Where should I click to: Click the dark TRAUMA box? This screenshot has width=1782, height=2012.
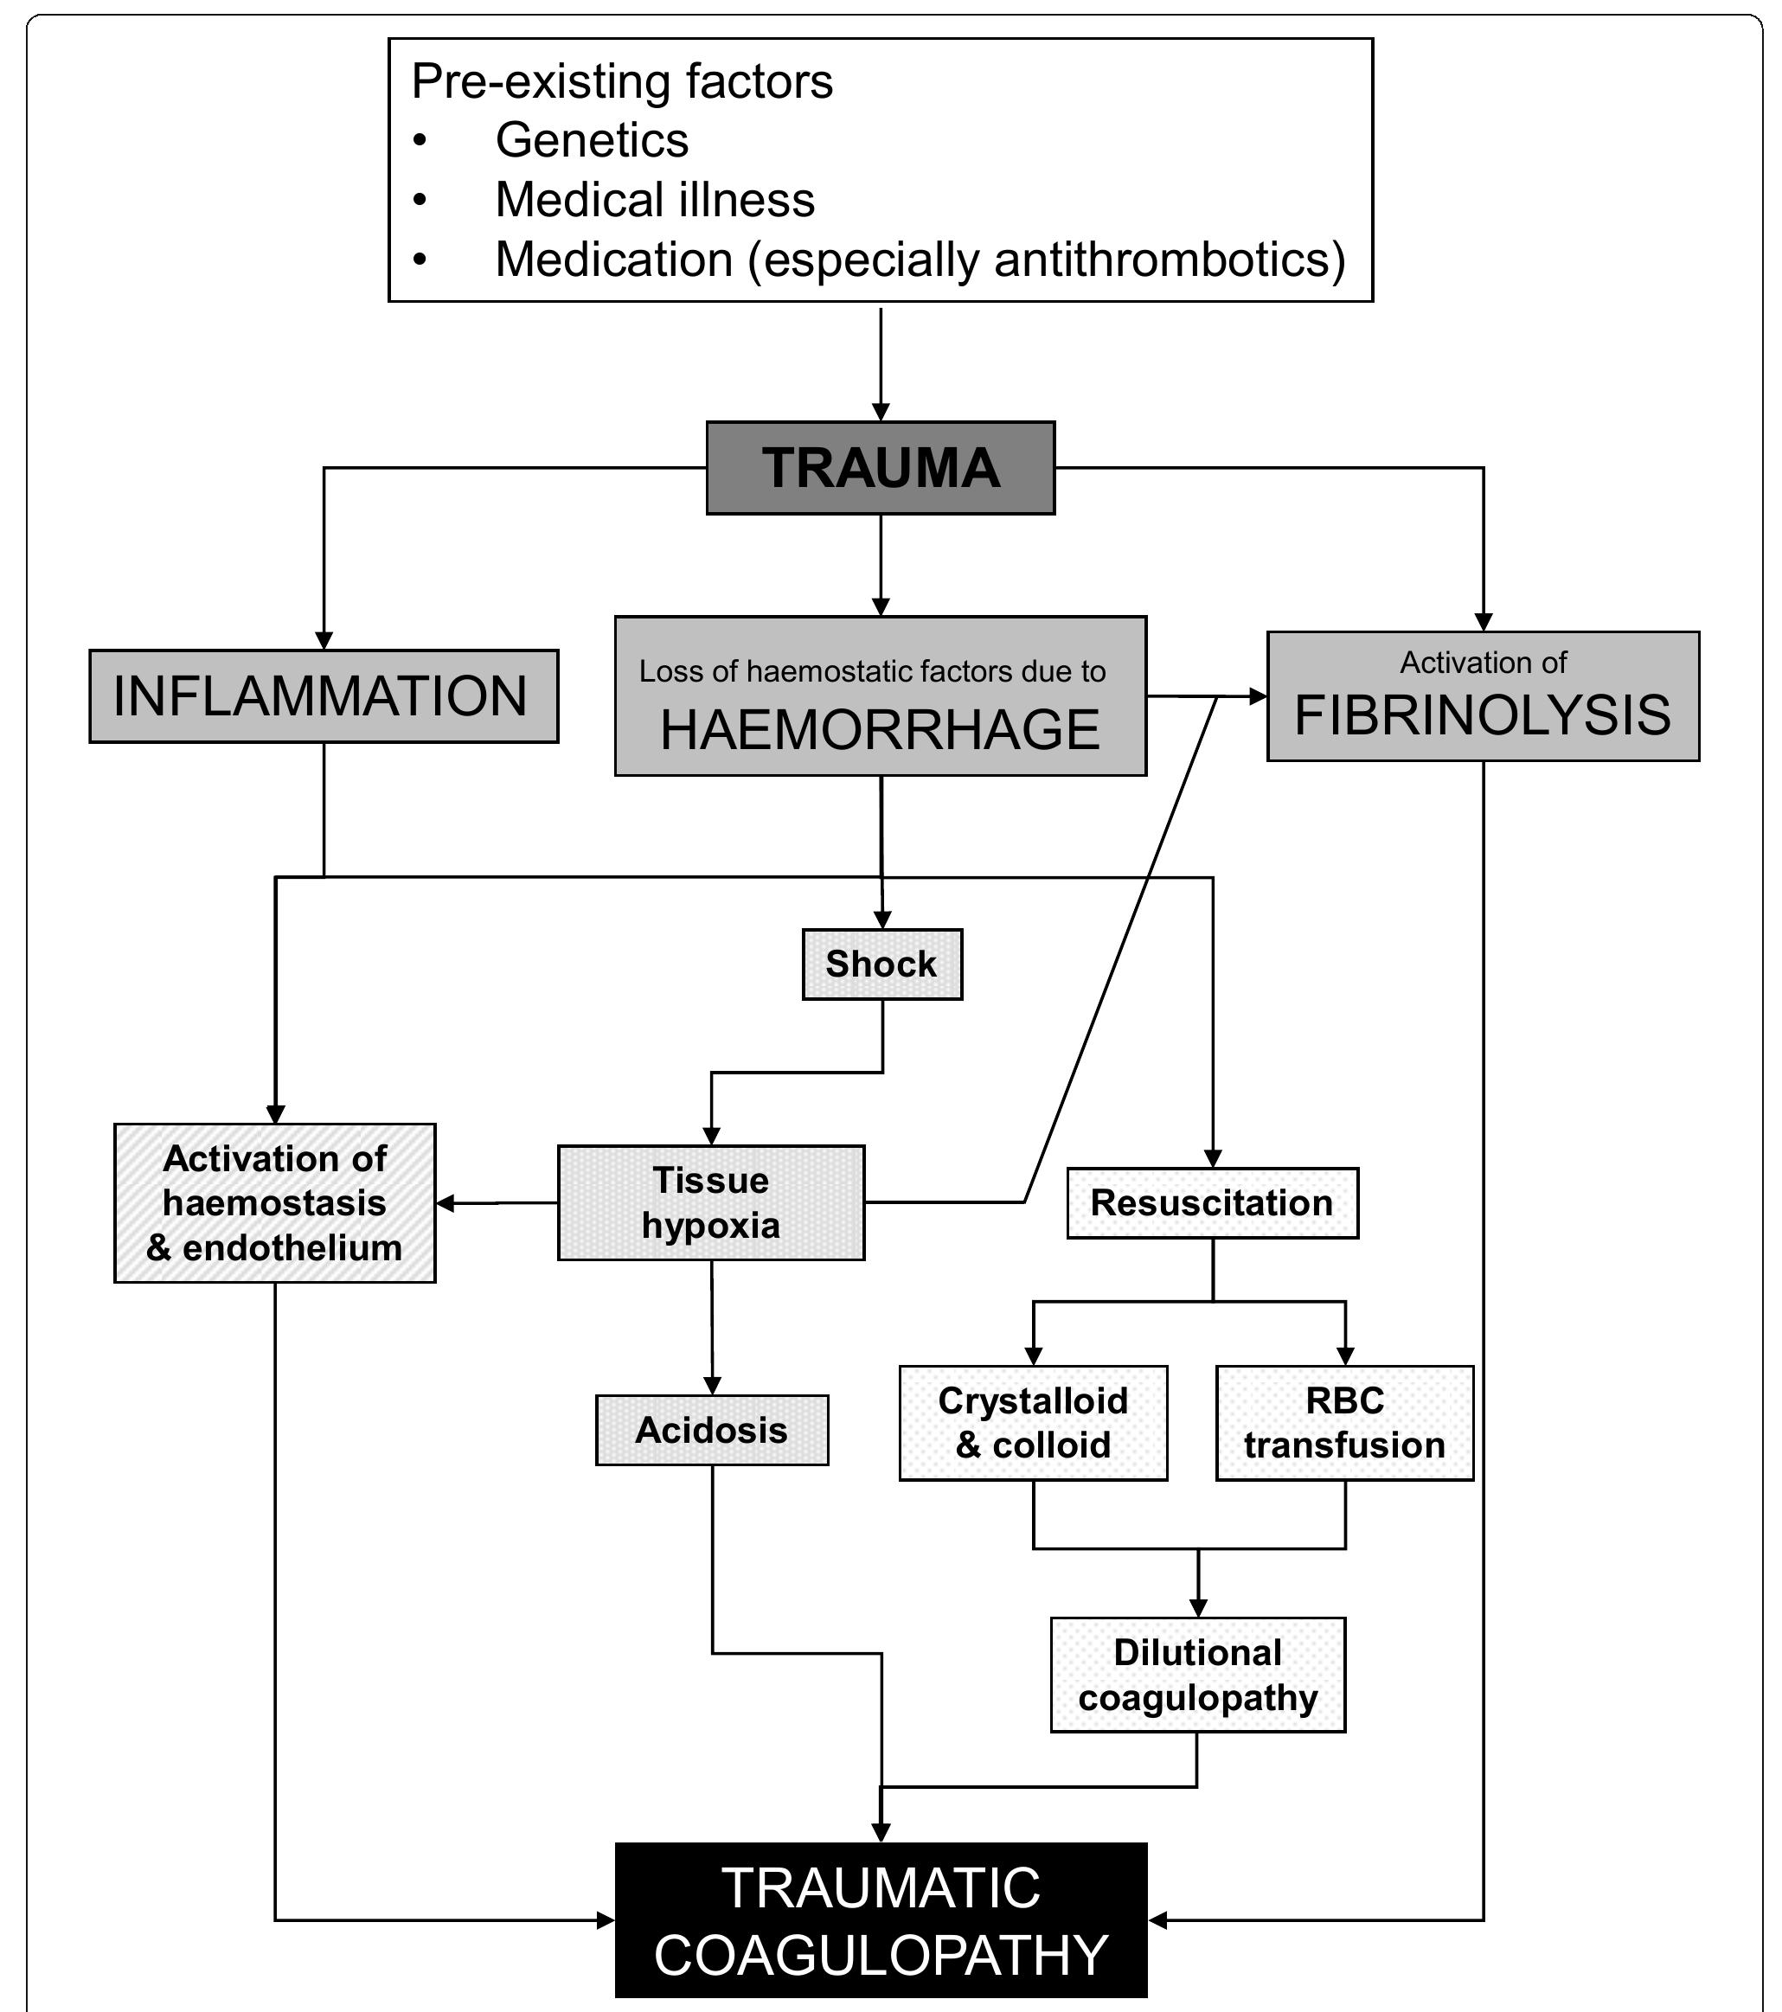coord(880,468)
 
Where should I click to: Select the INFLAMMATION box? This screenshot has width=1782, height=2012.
coord(323,696)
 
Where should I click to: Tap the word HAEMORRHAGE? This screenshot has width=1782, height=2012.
coord(879,730)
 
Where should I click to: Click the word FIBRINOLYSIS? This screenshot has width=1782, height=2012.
coord(1482,714)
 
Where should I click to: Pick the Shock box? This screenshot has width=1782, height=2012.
coord(881,964)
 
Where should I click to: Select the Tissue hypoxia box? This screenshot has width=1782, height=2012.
coord(711,1201)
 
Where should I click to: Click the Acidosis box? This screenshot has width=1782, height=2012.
coord(711,1429)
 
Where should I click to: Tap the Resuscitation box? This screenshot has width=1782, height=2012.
coord(1212,1203)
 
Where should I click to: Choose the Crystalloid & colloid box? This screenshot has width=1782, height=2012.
coord(1033,1422)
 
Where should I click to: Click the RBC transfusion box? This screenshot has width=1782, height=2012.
coord(1344,1422)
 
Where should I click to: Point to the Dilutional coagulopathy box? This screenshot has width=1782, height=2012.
coord(1197,1675)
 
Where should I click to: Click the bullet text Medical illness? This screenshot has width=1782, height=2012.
coord(655,200)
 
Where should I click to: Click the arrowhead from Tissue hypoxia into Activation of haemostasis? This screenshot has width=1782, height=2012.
coord(445,1203)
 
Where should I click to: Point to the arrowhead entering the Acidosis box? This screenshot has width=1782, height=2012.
coord(712,1386)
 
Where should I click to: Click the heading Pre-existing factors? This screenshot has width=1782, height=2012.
coord(621,80)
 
